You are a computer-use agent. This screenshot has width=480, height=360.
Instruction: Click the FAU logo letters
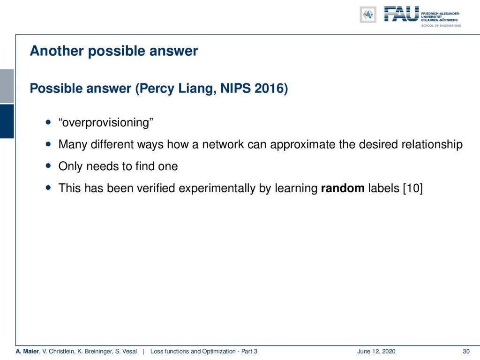pyautogui.click(x=401, y=14)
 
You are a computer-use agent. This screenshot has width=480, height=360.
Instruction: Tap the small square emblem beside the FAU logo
pyautogui.click(x=368, y=15)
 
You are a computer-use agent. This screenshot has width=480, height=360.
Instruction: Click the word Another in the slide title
pyautogui.click(x=57, y=51)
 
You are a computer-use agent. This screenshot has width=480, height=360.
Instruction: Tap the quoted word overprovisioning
pyautogui.click(x=106, y=123)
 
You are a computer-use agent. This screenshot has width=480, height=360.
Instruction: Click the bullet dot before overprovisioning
pyautogui.click(x=48, y=122)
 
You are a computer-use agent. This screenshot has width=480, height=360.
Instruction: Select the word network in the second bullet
pyautogui.click(x=223, y=144)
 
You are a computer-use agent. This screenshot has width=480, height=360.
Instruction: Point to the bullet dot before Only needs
pyautogui.click(x=48, y=166)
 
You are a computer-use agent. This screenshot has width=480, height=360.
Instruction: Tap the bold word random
pyautogui.click(x=343, y=188)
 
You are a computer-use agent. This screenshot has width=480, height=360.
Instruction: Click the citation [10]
pyautogui.click(x=412, y=188)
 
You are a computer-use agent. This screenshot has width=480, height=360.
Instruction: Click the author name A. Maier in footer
pyautogui.click(x=27, y=352)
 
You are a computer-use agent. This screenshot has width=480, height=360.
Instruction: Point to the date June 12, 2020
pyautogui.click(x=376, y=352)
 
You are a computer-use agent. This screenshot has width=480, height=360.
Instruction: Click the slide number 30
pyautogui.click(x=466, y=352)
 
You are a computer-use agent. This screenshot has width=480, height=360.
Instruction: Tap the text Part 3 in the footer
pyautogui.click(x=249, y=352)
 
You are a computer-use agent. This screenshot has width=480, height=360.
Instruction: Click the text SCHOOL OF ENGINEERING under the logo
pyautogui.click(x=441, y=26)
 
